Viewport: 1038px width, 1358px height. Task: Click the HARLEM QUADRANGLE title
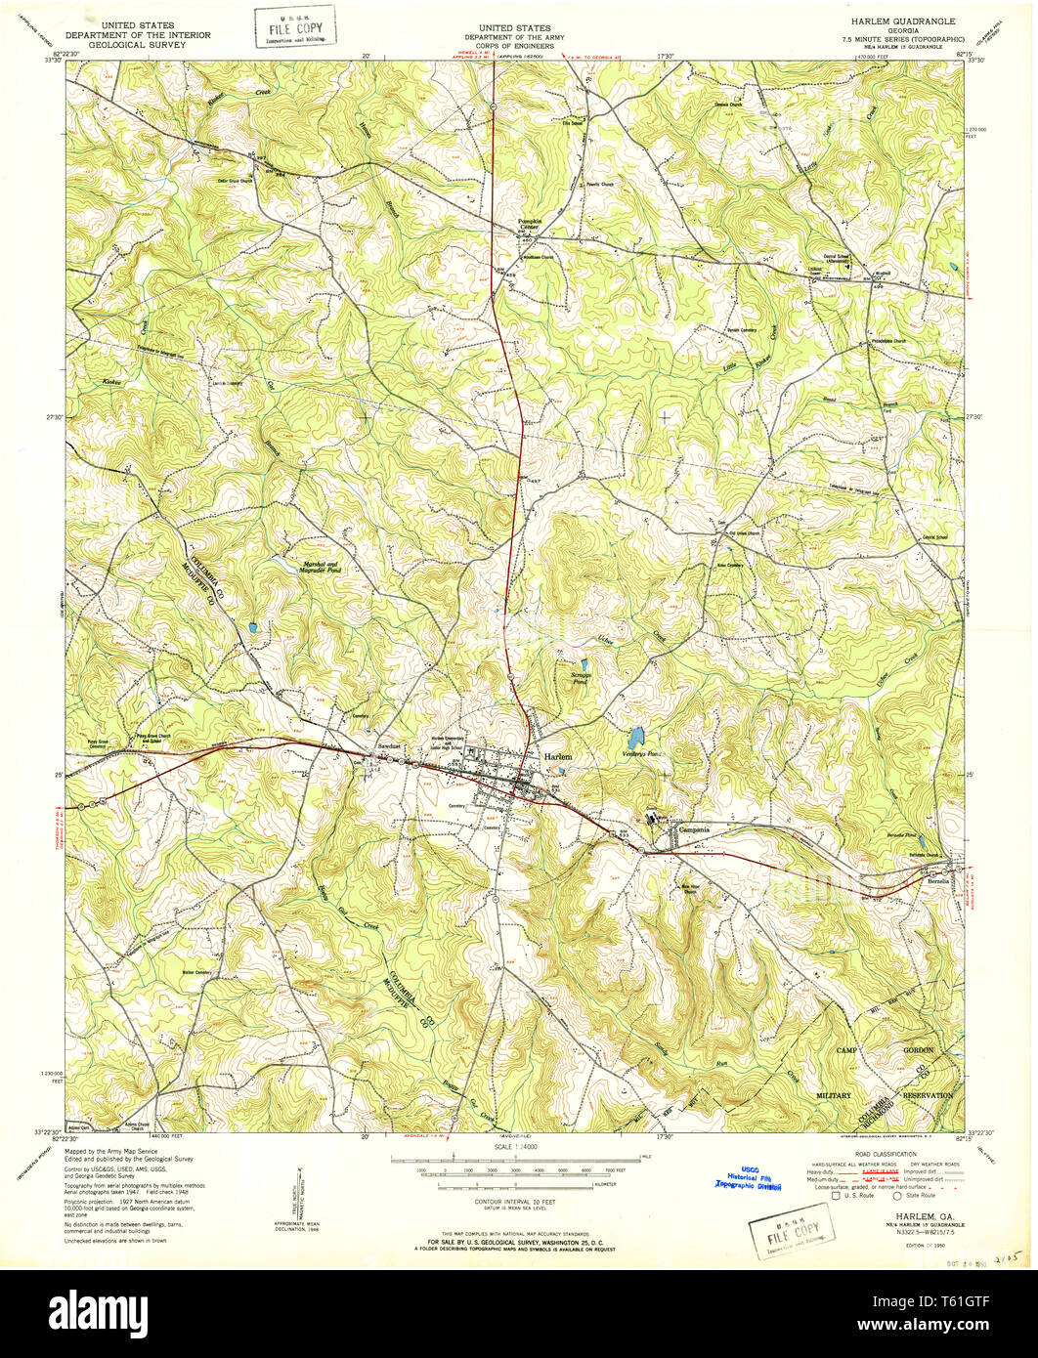[x=895, y=21]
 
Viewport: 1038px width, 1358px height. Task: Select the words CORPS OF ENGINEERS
[x=514, y=46]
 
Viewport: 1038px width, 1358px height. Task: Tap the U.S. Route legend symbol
[x=834, y=1195]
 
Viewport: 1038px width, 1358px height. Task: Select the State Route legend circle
[x=896, y=1195]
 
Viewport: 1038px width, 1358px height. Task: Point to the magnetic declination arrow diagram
[x=303, y=1187]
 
